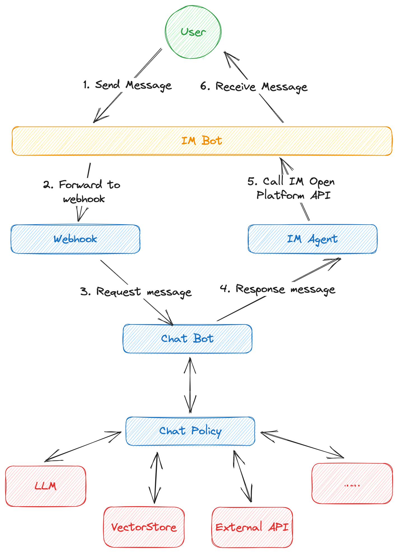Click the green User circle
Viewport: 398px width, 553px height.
click(x=193, y=32)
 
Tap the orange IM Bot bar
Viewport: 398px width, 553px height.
click(x=202, y=141)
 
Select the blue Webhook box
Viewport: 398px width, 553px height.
click(x=75, y=239)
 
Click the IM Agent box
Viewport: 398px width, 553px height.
click(x=312, y=239)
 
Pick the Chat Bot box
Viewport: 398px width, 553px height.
click(x=187, y=339)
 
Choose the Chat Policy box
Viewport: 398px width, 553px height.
click(x=190, y=431)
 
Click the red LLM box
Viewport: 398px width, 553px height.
click(x=46, y=486)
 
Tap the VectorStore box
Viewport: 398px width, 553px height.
click(x=144, y=527)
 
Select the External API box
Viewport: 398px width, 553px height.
click(x=252, y=527)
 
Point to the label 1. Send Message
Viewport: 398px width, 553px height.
click(x=127, y=85)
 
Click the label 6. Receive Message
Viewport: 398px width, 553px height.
click(x=254, y=87)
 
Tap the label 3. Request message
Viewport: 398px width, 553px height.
click(x=136, y=292)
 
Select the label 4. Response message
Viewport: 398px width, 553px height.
click(x=277, y=289)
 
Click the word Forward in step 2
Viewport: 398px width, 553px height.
click(x=80, y=185)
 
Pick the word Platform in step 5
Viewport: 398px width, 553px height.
click(x=280, y=195)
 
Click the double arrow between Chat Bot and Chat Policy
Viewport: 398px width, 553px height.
click(x=190, y=385)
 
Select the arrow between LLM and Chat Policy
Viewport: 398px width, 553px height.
click(x=83, y=446)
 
